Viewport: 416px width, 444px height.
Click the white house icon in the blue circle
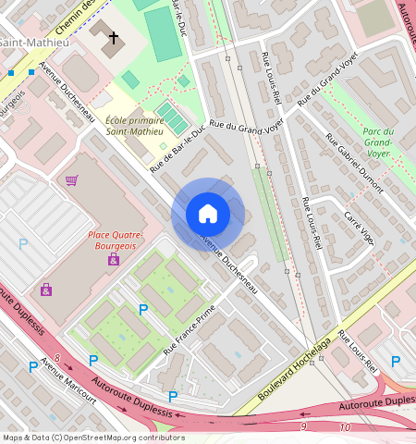click(208, 215)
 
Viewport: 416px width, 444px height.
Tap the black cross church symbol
click(114, 38)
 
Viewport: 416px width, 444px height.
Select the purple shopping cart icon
click(72, 179)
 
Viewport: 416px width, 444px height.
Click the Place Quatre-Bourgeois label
click(114, 240)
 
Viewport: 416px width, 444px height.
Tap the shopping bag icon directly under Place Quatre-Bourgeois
click(114, 260)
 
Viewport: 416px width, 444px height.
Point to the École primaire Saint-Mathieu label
click(135, 126)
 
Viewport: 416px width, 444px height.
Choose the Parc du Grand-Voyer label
click(378, 142)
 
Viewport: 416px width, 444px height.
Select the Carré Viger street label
click(359, 228)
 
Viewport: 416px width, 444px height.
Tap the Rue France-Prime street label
click(190, 330)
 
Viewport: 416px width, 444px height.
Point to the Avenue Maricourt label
click(68, 387)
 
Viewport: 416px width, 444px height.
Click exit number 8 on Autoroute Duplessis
click(57, 357)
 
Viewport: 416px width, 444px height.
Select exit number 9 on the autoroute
click(302, 426)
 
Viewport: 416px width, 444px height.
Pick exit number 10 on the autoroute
click(345, 427)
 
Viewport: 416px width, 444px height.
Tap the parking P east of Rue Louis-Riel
click(395, 362)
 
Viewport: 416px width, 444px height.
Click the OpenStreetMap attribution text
click(93, 438)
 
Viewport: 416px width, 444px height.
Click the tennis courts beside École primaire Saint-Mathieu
click(171, 117)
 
